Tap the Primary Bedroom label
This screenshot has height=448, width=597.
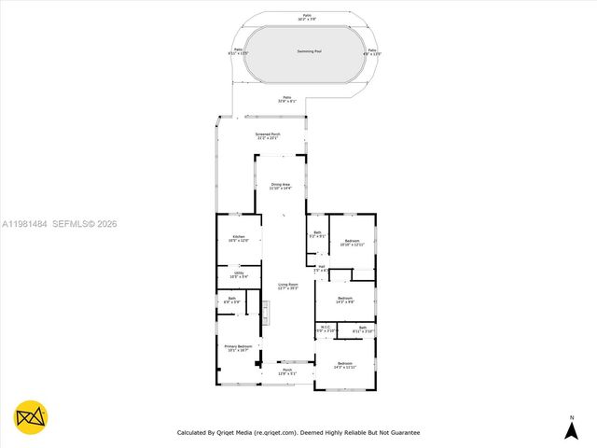(x=239, y=347)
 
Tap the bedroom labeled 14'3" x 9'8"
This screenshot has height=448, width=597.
(x=345, y=300)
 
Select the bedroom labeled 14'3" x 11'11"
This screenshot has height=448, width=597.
(x=345, y=364)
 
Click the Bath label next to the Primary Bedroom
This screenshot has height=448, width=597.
(x=231, y=301)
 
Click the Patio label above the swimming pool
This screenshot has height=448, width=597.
(x=307, y=17)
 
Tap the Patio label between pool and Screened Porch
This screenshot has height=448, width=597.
(x=287, y=98)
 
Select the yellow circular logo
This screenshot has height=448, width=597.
(x=31, y=417)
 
